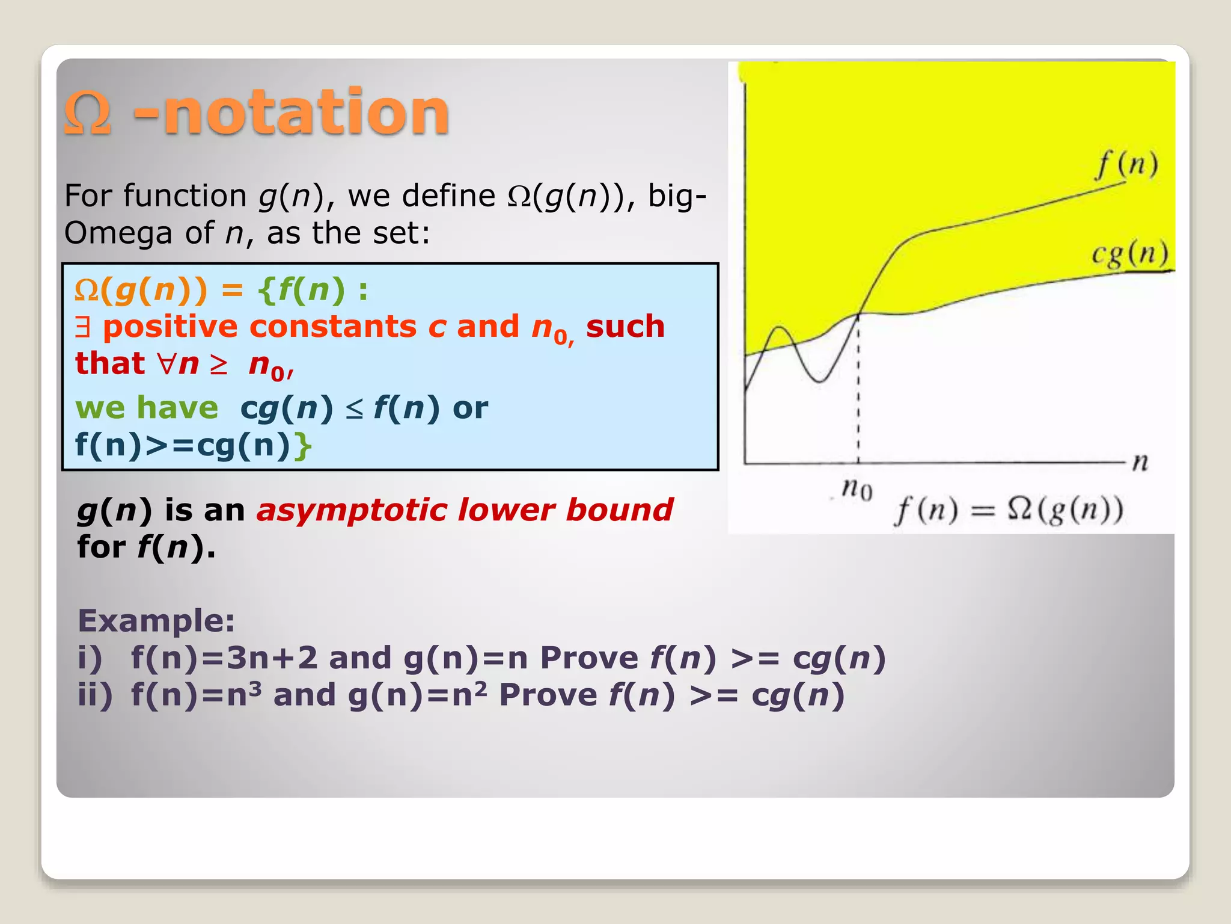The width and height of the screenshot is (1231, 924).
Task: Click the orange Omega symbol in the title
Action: (88, 112)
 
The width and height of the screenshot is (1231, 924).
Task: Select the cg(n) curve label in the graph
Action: (1130, 254)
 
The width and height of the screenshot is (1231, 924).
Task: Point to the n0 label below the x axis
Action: (857, 488)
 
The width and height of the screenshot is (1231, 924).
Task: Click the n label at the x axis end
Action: (1140, 462)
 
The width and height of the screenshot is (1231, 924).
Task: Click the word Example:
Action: (156, 621)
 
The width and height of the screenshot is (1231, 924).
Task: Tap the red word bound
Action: (619, 510)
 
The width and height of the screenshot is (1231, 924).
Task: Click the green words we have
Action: (147, 408)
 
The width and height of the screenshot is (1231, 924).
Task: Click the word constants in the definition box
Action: (333, 327)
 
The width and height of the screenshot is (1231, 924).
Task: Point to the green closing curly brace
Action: (304, 446)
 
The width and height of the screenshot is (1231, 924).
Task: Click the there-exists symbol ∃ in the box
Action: (83, 328)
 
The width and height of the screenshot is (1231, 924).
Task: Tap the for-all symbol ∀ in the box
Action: (167, 364)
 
